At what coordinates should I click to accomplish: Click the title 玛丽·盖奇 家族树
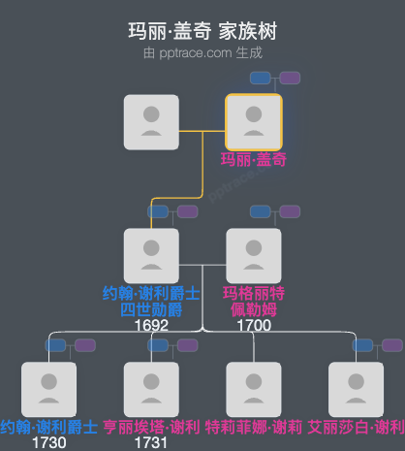click(202, 31)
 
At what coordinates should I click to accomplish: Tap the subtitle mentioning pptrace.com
click(202, 53)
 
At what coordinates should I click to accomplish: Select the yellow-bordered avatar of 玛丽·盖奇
click(253, 121)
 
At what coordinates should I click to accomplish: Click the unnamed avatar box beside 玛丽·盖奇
click(151, 121)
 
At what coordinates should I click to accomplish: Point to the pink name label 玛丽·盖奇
click(253, 160)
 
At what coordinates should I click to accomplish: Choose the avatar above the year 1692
click(151, 255)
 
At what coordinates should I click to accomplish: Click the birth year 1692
click(151, 325)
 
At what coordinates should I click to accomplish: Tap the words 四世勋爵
click(151, 309)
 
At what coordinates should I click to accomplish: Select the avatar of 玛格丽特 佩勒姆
click(253, 255)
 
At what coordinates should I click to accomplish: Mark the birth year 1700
click(253, 325)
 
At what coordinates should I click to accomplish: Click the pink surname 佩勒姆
click(253, 309)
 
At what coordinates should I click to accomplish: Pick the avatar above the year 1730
click(48, 388)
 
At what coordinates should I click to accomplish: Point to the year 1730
click(48, 442)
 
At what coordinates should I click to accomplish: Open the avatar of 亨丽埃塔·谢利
click(151, 388)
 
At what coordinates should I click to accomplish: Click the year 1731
click(151, 442)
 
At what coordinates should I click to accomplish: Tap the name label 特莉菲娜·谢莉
click(253, 427)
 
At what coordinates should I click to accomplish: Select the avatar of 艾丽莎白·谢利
click(356, 388)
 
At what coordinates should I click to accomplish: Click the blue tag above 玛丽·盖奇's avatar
click(260, 78)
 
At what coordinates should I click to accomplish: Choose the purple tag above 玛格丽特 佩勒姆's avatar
click(290, 211)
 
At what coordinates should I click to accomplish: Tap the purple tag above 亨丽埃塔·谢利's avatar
click(187, 344)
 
